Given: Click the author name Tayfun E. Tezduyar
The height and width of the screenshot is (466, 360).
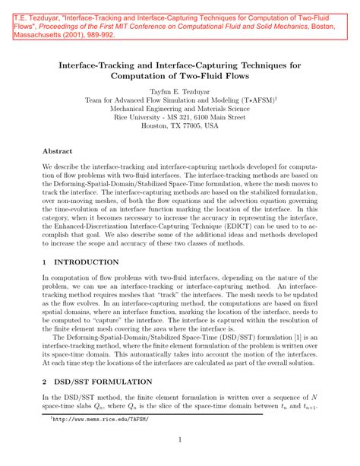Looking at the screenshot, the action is coord(179,90).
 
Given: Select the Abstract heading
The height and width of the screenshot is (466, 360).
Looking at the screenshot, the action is coord(58,151).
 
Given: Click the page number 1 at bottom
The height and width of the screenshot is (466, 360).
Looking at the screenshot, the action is coord(180,439).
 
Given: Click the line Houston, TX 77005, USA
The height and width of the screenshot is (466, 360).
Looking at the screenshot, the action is coord(179,127).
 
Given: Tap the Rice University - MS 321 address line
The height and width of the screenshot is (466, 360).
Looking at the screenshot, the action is coord(179,118).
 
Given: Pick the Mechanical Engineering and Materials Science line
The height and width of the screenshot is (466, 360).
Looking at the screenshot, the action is coord(179,109).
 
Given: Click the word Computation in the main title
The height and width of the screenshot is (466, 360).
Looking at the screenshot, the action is coord(144,76).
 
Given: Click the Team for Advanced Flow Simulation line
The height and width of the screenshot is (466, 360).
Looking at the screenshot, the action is coord(179,100).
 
